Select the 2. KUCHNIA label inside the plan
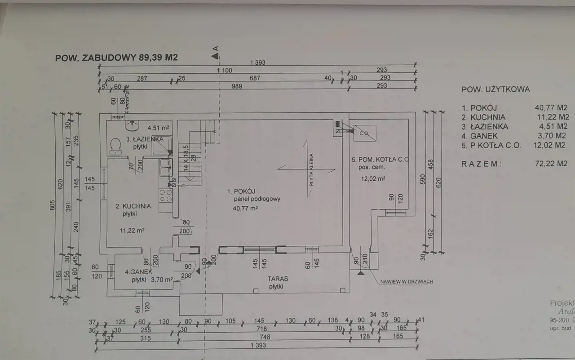tap(133, 206)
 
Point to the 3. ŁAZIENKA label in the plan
tap(144, 139)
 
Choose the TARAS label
tap(279, 279)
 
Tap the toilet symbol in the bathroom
tap(115, 145)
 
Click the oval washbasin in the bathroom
tap(133, 123)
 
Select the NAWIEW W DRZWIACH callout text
tap(406, 281)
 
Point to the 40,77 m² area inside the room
tap(245, 208)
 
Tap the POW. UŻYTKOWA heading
tap(495, 89)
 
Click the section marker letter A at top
tap(216, 48)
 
